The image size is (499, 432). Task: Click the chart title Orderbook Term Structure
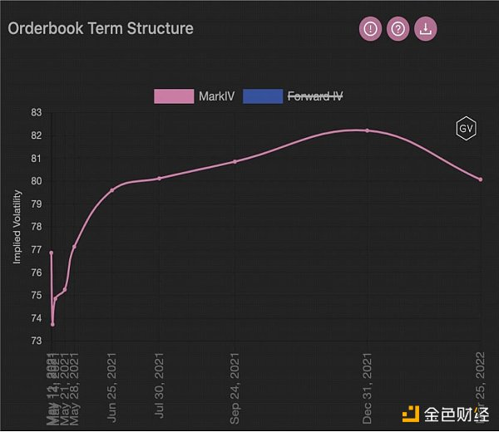[x=101, y=28]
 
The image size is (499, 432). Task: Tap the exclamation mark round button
[x=370, y=29]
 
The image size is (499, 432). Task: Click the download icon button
[x=426, y=29]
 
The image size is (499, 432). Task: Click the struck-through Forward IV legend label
[x=314, y=96]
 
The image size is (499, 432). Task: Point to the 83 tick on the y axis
[x=36, y=112]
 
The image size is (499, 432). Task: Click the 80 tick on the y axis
[x=36, y=181]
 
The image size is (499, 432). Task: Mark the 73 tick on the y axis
[x=36, y=341]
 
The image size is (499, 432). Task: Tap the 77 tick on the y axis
[x=36, y=249]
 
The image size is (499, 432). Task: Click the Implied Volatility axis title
[x=17, y=226]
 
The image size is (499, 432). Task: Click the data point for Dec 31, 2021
[x=367, y=130]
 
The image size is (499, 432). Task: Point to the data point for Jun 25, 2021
[x=112, y=190]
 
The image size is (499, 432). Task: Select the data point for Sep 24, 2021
[x=235, y=161]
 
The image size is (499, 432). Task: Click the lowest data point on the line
[x=52, y=324]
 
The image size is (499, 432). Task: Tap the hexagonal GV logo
[x=466, y=128]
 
